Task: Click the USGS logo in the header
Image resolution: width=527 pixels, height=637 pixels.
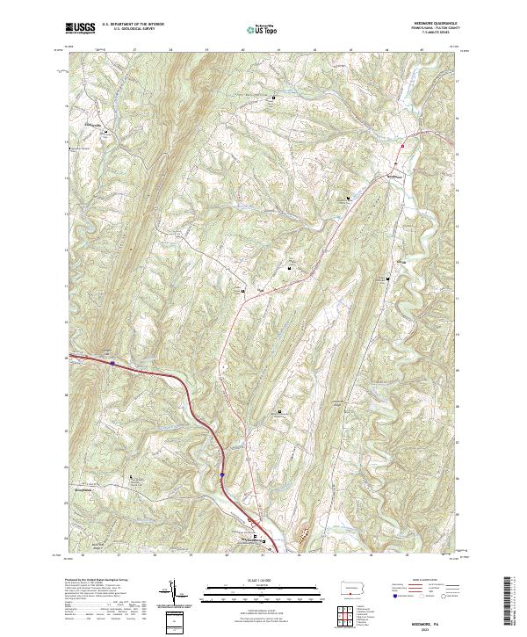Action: click(x=81, y=29)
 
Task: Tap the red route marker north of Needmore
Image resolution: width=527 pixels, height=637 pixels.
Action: click(x=403, y=145)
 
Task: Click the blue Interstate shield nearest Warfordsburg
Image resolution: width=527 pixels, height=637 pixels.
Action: click(x=223, y=474)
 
